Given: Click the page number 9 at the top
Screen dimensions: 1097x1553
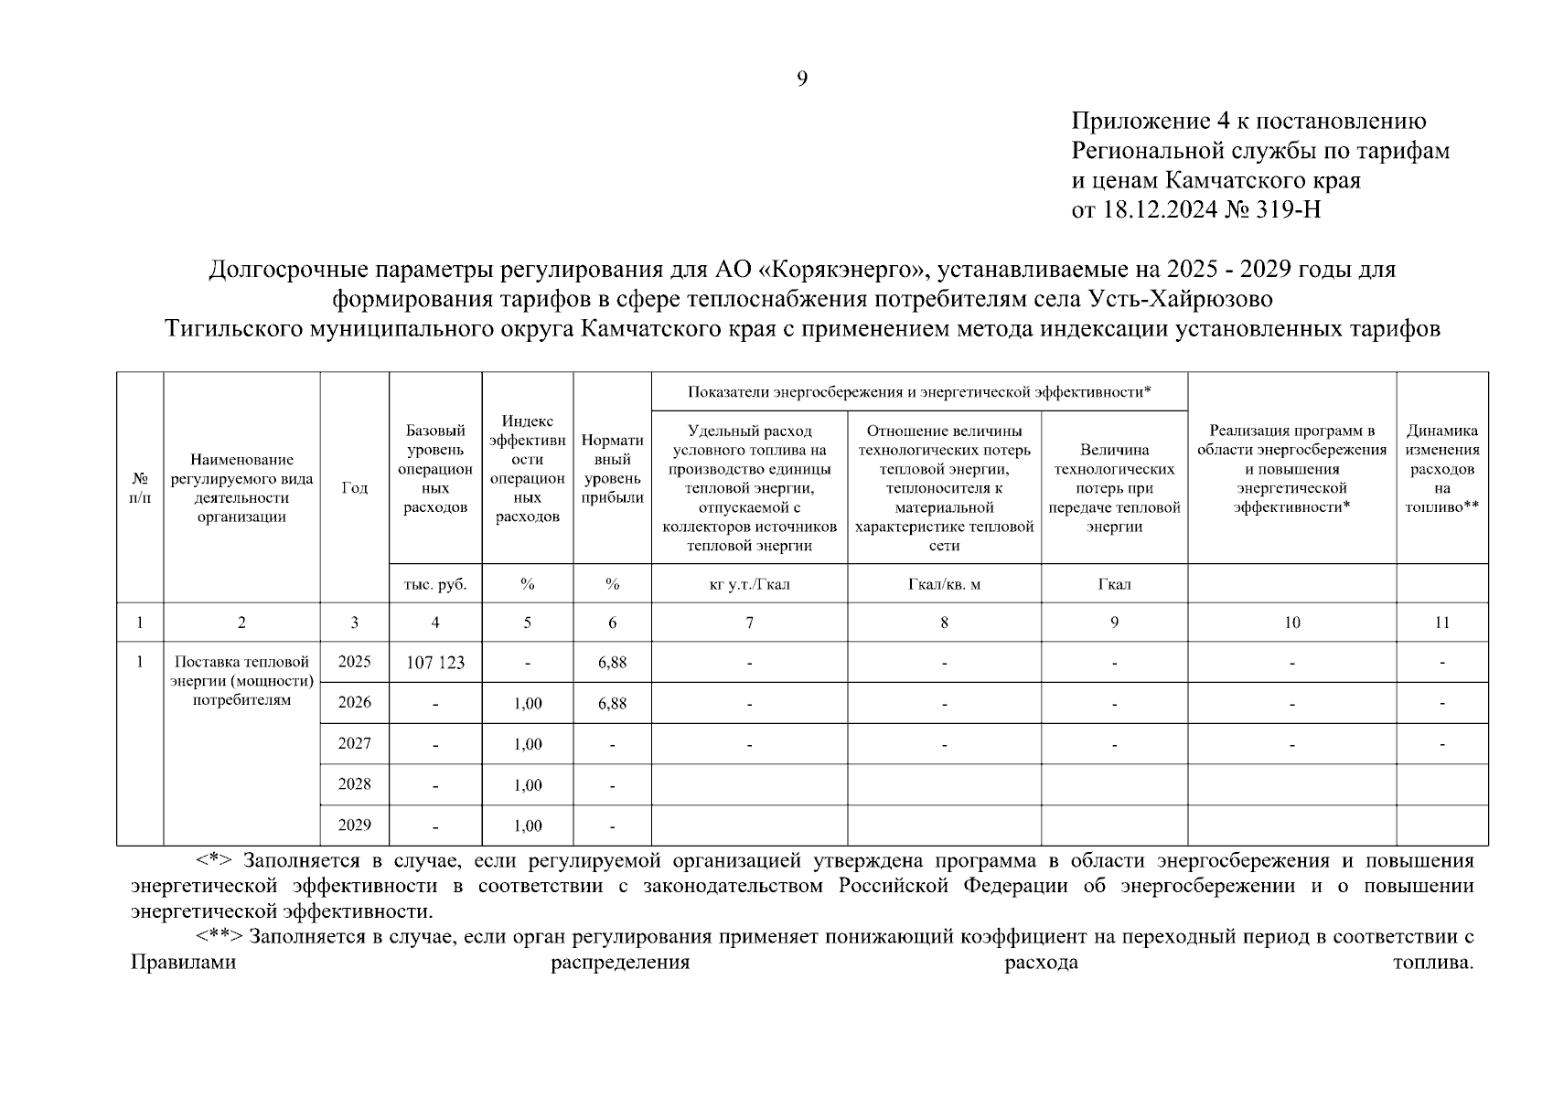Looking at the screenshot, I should click(x=802, y=80).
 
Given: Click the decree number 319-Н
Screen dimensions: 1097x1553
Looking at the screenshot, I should click(x=1286, y=210).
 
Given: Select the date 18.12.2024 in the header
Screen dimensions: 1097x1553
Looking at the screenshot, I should click(x=1159, y=210).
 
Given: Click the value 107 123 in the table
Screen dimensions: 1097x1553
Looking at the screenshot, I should click(x=435, y=663).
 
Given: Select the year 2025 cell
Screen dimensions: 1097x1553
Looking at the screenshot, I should click(x=354, y=662).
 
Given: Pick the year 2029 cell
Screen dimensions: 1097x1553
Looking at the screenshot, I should click(x=354, y=825).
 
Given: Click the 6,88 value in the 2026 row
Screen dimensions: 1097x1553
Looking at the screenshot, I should click(x=612, y=703).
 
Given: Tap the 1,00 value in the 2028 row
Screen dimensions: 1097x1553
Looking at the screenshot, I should click(x=528, y=785).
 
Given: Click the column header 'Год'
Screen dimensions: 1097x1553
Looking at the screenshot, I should click(x=354, y=488).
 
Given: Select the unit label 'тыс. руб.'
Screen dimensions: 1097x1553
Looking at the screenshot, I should click(x=435, y=584).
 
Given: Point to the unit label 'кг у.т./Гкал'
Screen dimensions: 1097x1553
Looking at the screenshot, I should click(x=749, y=584).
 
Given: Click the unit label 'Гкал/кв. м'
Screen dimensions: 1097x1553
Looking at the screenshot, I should click(x=944, y=584).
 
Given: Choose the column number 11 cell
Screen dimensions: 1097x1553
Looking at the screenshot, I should click(x=1441, y=623).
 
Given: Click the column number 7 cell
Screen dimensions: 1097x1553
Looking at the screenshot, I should click(x=749, y=623).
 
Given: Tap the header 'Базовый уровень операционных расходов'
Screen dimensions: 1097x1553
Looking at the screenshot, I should click(x=435, y=468).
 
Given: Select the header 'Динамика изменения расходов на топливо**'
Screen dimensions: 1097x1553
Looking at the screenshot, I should click(x=1441, y=468).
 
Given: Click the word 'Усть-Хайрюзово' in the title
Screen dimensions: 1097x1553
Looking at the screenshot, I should click(x=1179, y=299).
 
